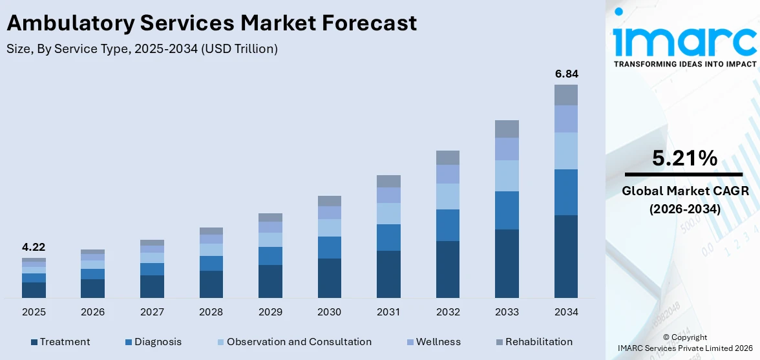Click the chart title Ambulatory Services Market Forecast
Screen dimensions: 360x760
(x=212, y=23)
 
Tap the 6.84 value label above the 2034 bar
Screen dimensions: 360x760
(x=566, y=74)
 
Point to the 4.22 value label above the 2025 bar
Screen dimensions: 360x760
(x=34, y=247)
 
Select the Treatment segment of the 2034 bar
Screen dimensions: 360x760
(x=566, y=256)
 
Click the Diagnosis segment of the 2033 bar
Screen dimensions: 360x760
(x=507, y=210)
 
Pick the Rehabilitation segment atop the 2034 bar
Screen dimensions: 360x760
(x=566, y=95)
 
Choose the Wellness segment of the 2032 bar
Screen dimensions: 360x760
(x=448, y=174)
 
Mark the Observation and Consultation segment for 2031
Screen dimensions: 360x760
(x=388, y=213)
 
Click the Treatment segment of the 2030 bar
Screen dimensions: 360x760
(x=329, y=278)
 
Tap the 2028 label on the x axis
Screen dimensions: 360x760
(x=211, y=312)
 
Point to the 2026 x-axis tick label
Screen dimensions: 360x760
(x=92, y=312)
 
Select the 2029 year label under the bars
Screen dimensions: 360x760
(x=270, y=312)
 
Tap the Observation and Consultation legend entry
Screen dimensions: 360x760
(x=294, y=342)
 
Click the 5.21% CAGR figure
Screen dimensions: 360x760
(x=684, y=158)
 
